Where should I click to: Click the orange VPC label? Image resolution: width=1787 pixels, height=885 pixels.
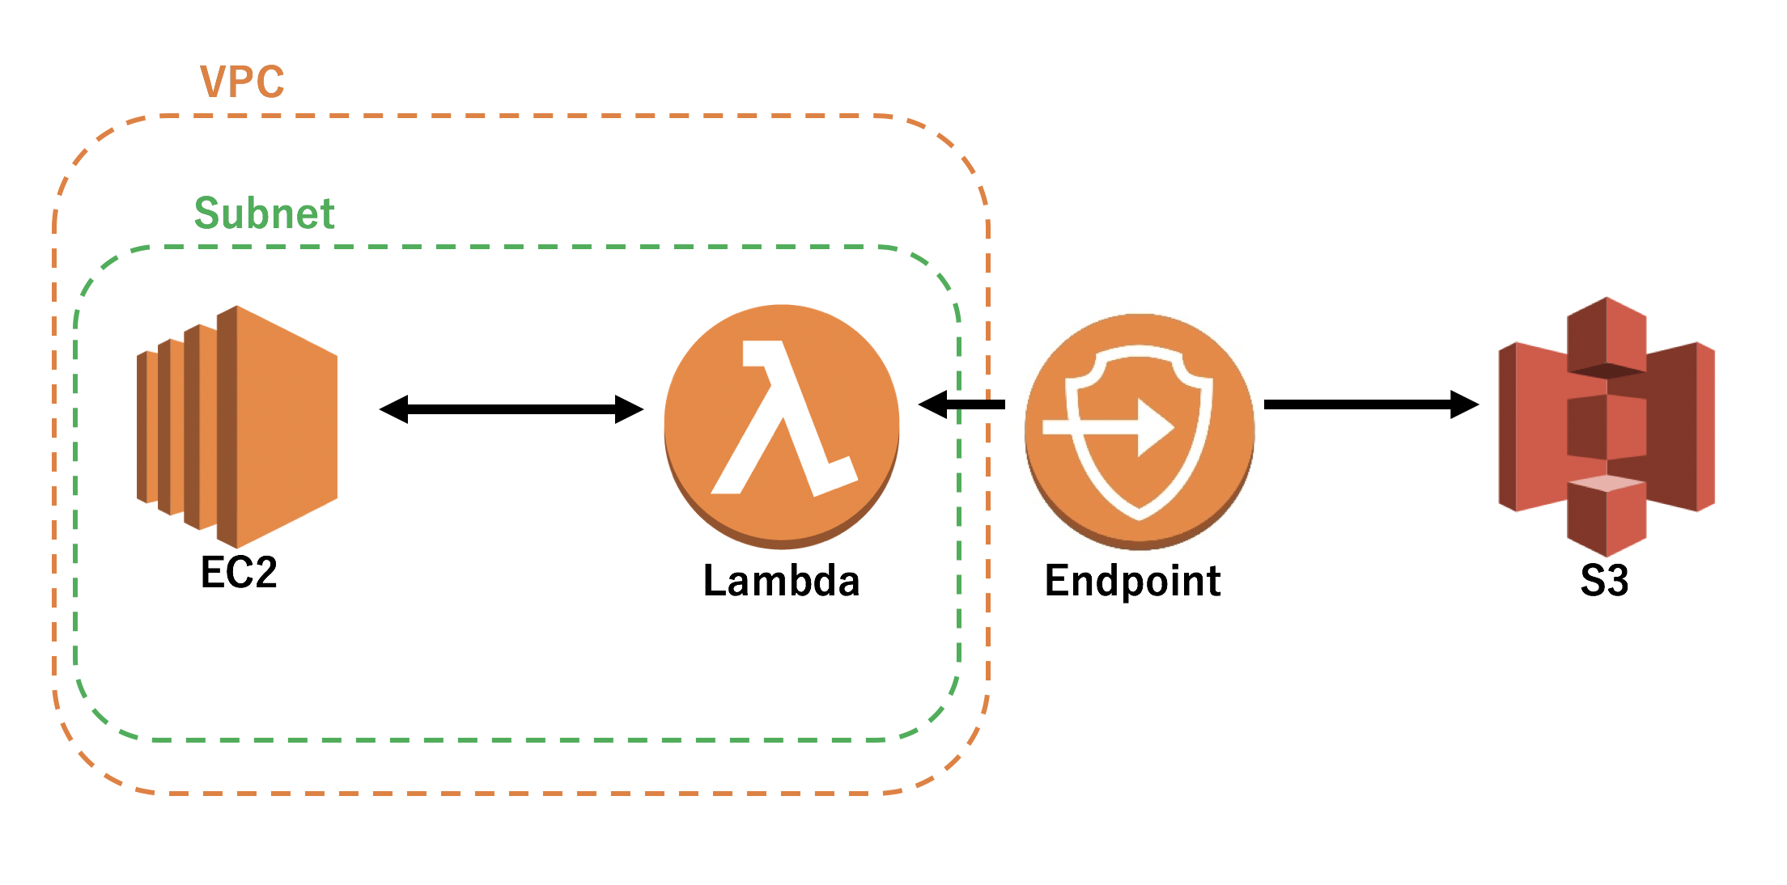pyautogui.click(x=242, y=82)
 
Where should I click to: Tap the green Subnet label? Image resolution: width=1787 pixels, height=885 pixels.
pyautogui.click(x=264, y=214)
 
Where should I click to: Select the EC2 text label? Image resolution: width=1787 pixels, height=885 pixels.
pyautogui.click(x=239, y=573)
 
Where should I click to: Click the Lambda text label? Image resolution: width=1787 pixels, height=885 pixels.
pyautogui.click(x=781, y=581)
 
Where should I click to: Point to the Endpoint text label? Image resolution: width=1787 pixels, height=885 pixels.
pyautogui.click(x=1132, y=581)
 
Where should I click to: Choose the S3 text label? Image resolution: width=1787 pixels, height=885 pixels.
pyautogui.click(x=1604, y=581)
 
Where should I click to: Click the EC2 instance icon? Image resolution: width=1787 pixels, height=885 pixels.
pyautogui.click(x=237, y=426)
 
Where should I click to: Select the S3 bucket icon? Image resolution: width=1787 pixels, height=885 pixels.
pyautogui.click(x=1607, y=426)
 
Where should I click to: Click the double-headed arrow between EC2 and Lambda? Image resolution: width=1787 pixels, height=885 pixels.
pyautogui.click(x=511, y=409)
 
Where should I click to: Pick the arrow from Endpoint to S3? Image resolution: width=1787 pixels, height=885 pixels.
pyautogui.click(x=1368, y=404)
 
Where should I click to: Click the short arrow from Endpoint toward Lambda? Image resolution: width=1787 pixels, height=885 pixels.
pyautogui.click(x=963, y=404)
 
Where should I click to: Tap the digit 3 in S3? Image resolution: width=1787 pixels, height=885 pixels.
pyautogui.click(x=1616, y=581)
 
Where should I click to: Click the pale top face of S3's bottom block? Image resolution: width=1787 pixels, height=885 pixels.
pyautogui.click(x=1607, y=484)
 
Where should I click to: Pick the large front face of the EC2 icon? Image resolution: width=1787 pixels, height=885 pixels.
pyautogui.click(x=287, y=426)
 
